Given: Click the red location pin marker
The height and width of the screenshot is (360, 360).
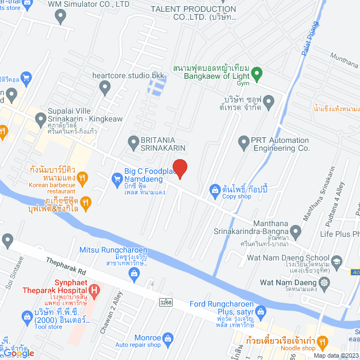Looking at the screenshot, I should (179, 168).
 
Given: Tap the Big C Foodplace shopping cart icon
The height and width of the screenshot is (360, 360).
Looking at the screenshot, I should (117, 179).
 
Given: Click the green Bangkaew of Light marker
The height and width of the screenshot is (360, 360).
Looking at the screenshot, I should (256, 73).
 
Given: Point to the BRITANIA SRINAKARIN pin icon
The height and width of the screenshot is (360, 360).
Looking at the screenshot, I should (133, 141).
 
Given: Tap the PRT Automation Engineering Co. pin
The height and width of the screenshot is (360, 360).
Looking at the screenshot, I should (244, 141).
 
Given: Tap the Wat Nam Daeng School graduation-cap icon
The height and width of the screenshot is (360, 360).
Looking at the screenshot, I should (336, 261).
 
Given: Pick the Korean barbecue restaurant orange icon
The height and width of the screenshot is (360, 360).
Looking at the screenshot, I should (82, 179).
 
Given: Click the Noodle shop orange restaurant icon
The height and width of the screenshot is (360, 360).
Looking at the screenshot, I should (322, 341).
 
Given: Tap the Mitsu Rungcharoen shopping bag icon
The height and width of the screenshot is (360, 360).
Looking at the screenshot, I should (134, 274).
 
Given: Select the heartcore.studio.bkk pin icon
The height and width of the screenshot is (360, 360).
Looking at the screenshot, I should (105, 87).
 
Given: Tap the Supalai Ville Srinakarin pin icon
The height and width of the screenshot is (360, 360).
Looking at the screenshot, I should (40, 119).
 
